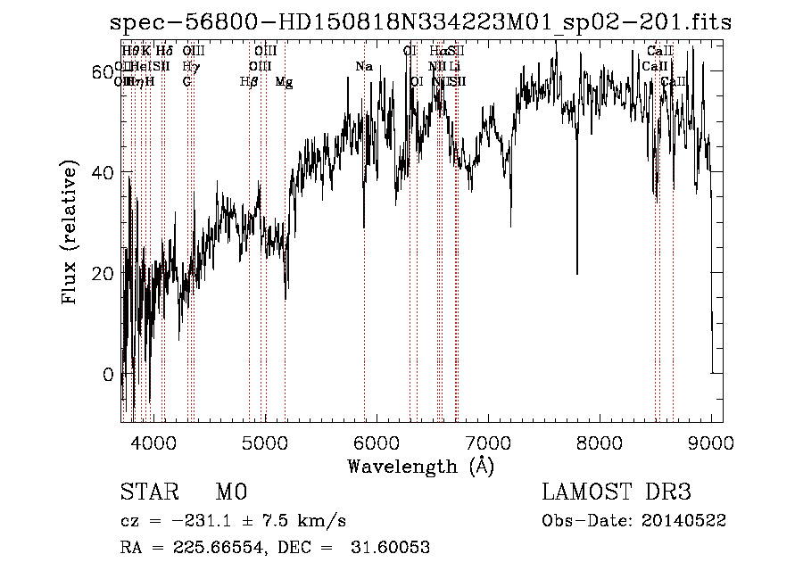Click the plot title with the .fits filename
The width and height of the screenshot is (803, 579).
click(419, 22)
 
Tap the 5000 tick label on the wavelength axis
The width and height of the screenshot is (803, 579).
click(264, 442)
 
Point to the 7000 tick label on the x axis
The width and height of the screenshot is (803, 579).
click(487, 442)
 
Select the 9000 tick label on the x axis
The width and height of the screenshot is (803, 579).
click(711, 442)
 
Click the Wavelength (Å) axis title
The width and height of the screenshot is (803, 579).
click(420, 466)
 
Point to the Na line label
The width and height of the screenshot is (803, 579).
click(363, 67)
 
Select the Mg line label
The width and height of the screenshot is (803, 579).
click(284, 82)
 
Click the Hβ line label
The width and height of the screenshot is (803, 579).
click(249, 82)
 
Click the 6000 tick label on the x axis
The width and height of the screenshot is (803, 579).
click(376, 442)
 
